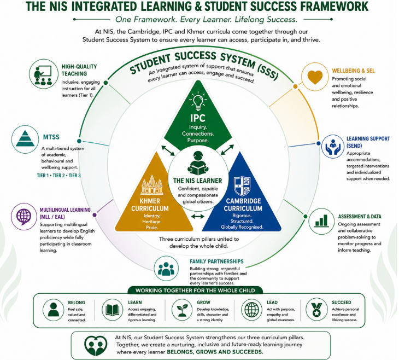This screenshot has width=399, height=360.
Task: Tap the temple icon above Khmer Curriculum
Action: (152, 185)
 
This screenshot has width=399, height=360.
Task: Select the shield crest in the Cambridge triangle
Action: (242, 186)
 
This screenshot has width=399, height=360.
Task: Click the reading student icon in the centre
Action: (198, 163)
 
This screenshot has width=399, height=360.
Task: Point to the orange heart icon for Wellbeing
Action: (315, 77)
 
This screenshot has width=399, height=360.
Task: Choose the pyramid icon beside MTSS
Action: (25, 138)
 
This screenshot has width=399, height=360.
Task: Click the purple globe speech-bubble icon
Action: (24, 217)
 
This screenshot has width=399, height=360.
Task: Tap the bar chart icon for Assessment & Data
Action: (321, 220)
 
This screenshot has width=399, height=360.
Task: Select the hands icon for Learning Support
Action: (333, 147)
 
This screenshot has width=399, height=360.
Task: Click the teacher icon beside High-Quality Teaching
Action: (43, 75)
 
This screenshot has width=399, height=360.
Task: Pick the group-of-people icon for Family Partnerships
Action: (166, 269)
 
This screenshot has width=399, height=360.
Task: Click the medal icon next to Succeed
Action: (316, 310)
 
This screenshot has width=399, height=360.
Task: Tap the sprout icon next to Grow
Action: (182, 310)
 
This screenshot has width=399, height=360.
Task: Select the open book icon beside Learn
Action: (113, 310)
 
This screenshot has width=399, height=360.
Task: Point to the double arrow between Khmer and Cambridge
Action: (198, 217)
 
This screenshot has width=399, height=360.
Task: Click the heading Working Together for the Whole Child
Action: (195, 291)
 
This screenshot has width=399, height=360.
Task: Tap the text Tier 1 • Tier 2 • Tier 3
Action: (59, 176)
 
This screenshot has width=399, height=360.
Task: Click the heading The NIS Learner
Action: (198, 181)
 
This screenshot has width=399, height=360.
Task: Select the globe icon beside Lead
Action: (251, 310)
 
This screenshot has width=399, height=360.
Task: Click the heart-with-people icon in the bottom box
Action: (96, 345)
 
